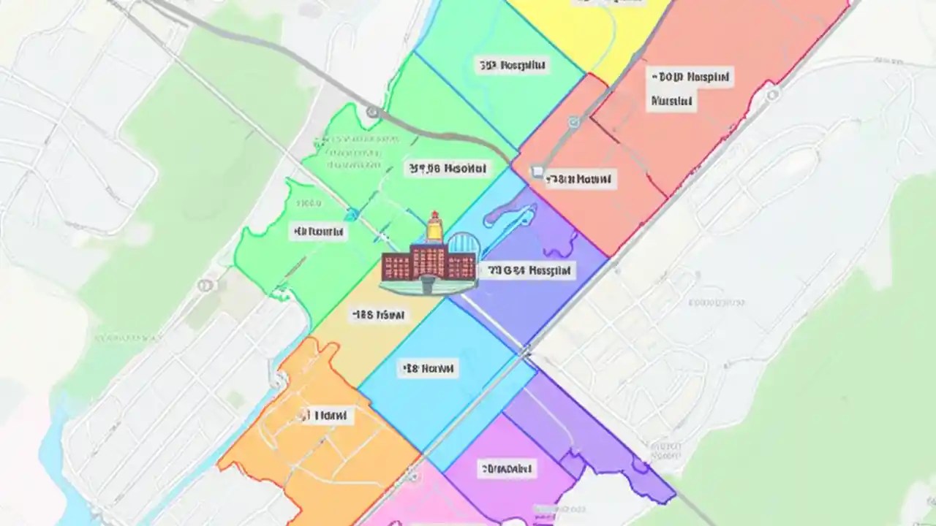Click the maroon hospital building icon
pos(414,263)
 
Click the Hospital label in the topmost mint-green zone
pos(512,66)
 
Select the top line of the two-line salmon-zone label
pos(690,76)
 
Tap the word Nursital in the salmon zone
pos(671,101)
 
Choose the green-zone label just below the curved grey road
pos(446,169)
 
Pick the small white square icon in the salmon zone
pos(537,172)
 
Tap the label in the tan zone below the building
pos(379,316)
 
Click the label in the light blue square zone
pos(428,369)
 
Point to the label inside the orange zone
pos(325,416)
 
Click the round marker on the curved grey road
pos(372,112)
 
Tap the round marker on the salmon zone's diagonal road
pos(574,122)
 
